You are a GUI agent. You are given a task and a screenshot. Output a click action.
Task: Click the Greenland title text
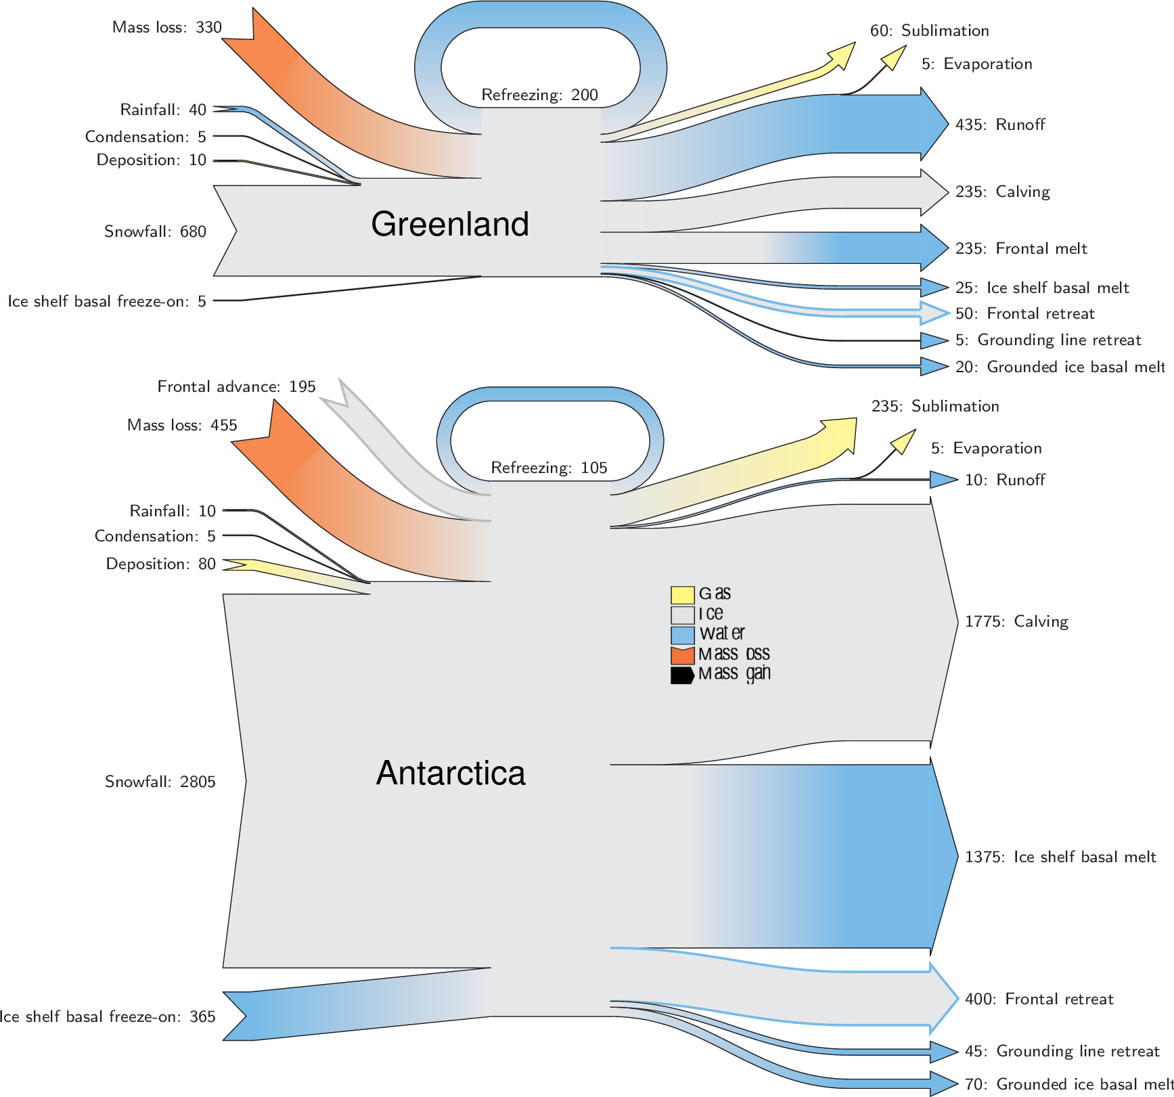(449, 224)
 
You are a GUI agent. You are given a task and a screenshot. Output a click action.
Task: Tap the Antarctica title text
(450, 773)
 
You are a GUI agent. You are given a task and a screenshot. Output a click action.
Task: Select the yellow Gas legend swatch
(682, 595)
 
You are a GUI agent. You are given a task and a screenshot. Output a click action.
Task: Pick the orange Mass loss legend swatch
(682, 655)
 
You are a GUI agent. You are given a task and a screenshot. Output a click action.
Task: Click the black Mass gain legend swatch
(682, 675)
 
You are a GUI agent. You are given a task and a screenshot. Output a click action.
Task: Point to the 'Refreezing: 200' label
(539, 95)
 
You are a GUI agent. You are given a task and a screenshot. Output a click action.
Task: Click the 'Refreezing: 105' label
(549, 468)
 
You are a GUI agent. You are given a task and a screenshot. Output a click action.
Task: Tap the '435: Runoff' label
(1000, 125)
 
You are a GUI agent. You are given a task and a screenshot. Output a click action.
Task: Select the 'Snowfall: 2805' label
(160, 782)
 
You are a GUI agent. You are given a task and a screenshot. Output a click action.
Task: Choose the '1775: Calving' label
(1016, 621)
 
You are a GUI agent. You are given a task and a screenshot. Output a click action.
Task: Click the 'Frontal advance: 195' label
(236, 386)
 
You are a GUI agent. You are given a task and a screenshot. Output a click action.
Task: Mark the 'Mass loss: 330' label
(166, 27)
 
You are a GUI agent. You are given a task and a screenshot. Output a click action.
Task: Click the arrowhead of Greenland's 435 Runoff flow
(934, 124)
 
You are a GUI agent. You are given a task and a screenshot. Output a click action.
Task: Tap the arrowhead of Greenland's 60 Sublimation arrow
(843, 54)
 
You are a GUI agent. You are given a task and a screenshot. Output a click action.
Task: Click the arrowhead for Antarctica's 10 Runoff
(943, 480)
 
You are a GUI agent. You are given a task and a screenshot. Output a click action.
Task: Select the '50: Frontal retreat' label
(1024, 313)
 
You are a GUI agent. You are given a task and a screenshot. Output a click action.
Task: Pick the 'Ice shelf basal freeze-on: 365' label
(107, 1016)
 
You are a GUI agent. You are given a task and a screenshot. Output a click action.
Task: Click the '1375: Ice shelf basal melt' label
(1060, 857)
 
